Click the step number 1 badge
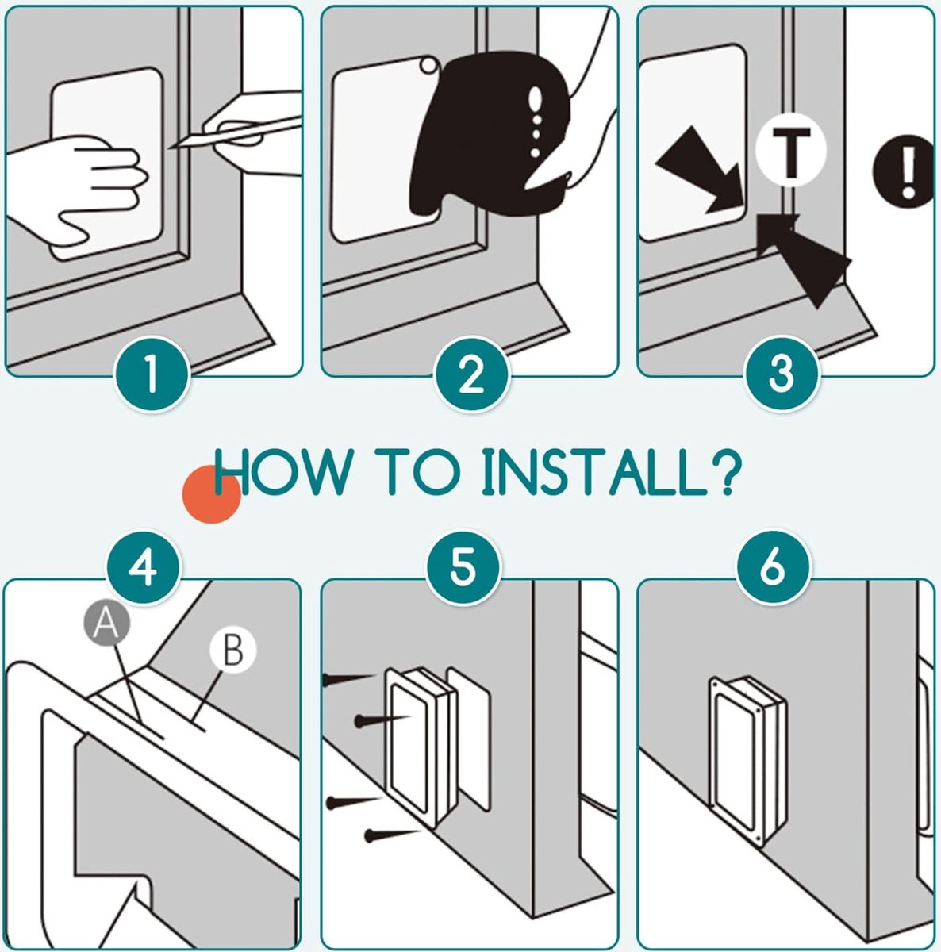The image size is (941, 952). (x=152, y=374)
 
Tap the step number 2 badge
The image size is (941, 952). (x=472, y=374)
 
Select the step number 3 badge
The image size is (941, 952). (x=782, y=374)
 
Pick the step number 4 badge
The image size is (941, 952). (x=143, y=567)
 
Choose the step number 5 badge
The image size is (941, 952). (x=463, y=567)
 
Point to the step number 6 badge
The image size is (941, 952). (x=774, y=567)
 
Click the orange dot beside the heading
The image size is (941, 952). (x=212, y=494)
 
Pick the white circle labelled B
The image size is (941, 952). (x=232, y=651)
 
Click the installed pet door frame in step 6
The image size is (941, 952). (x=747, y=760)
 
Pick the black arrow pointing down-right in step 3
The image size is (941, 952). (x=700, y=169)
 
